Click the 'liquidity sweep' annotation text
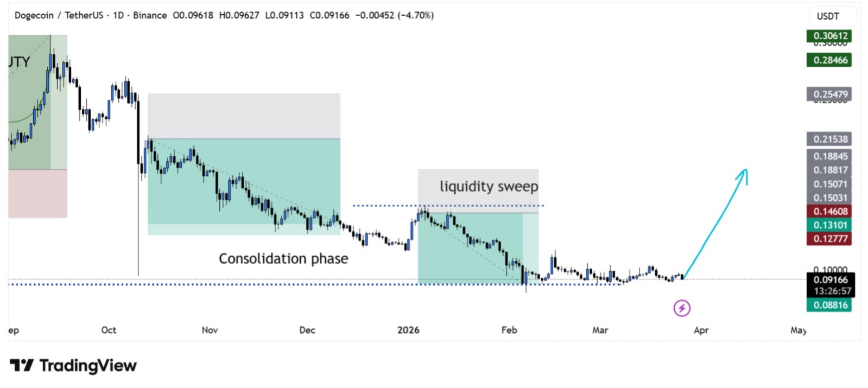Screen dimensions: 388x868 [x=489, y=186]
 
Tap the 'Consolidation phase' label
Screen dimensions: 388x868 [x=283, y=258]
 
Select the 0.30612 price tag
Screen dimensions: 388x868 [x=829, y=36]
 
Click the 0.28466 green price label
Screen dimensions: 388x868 [x=829, y=60]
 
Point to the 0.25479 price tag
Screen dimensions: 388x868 [x=829, y=94]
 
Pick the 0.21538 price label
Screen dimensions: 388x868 [x=829, y=139]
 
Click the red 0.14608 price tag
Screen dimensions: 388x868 [x=829, y=211]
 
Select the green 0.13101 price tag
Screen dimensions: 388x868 [x=829, y=225]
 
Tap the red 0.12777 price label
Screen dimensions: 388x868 [x=829, y=239]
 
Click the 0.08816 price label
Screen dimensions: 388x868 [x=829, y=305]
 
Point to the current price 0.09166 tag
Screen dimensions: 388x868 [x=830, y=280]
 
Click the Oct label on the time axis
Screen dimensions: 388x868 [x=109, y=330]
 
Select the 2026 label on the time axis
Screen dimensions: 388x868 [x=408, y=330]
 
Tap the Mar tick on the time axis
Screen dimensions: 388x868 [x=600, y=330]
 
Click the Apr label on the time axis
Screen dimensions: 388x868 [x=701, y=330]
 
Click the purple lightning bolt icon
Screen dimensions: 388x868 [x=682, y=308]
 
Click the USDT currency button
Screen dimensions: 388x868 [x=828, y=16]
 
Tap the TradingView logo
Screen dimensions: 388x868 [x=73, y=366]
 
